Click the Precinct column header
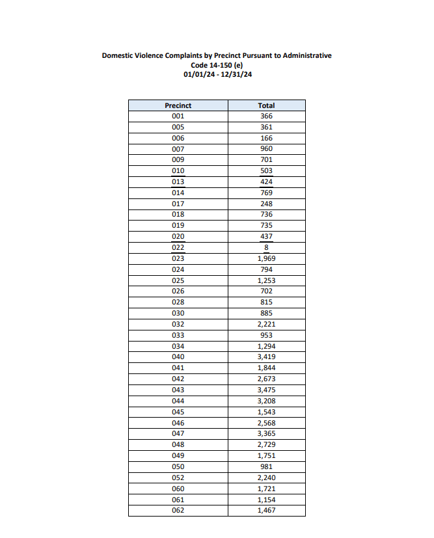(178, 105)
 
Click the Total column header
(266, 105)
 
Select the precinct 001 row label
(178, 116)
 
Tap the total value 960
(266, 149)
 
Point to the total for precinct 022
(266, 248)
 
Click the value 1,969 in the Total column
(266, 258)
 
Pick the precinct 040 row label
(178, 357)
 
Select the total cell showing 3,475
(266, 390)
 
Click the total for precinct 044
(266, 401)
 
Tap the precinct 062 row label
(178, 510)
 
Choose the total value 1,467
(266, 510)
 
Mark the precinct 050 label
(178, 466)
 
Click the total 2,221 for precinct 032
(266, 324)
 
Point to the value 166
(266, 138)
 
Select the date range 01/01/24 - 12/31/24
(217, 74)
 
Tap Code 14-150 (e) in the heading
(217, 65)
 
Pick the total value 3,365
(266, 433)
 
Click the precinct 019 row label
(178, 226)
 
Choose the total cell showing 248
(266, 204)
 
